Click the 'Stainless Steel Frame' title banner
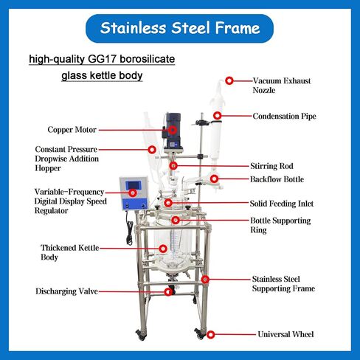(x=179, y=28)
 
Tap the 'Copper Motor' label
(x=72, y=130)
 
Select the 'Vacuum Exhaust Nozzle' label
(x=282, y=86)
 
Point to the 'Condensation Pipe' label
(x=284, y=116)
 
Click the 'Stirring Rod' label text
(x=271, y=166)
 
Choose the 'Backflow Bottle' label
(x=277, y=179)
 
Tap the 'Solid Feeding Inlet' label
(x=282, y=204)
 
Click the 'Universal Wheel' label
(x=285, y=334)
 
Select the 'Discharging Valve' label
(x=66, y=291)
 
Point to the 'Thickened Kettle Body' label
(x=70, y=252)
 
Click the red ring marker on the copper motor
(x=173, y=130)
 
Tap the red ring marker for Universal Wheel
(x=211, y=334)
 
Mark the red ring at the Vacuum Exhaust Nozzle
(x=229, y=80)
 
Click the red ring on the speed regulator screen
(x=133, y=193)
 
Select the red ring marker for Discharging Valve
(x=168, y=292)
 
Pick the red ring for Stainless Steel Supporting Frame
(x=205, y=280)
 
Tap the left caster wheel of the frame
(x=141, y=335)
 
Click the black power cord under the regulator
(x=129, y=227)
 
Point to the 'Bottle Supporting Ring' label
(x=280, y=225)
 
